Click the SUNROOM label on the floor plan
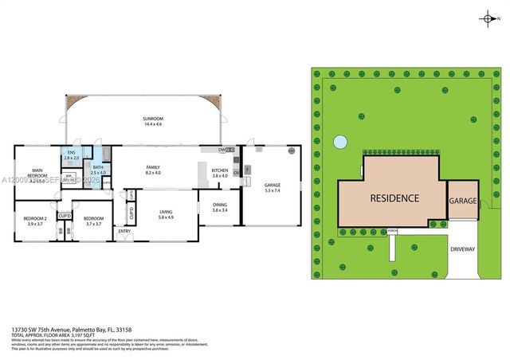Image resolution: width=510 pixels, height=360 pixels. pyautogui.click(x=142, y=119)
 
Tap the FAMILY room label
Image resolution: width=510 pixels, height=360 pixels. pyautogui.click(x=153, y=166)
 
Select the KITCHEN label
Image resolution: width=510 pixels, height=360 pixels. pyautogui.click(x=220, y=170)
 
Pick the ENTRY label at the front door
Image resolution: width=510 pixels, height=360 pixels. pyautogui.click(x=124, y=231)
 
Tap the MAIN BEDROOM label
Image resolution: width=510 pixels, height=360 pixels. pyautogui.click(x=37, y=173)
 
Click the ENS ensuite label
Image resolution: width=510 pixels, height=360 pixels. pyautogui.click(x=70, y=153)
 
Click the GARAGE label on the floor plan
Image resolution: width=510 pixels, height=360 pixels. pyautogui.click(x=273, y=186)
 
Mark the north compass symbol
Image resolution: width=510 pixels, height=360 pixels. pyautogui.click(x=487, y=18)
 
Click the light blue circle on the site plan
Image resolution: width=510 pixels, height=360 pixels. pyautogui.click(x=340, y=143)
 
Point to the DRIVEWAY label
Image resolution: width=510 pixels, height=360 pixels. pyautogui.click(x=463, y=249)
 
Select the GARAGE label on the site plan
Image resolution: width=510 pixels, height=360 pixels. pyautogui.click(x=462, y=202)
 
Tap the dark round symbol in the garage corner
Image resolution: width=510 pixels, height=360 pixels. pyautogui.click(x=292, y=151)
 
